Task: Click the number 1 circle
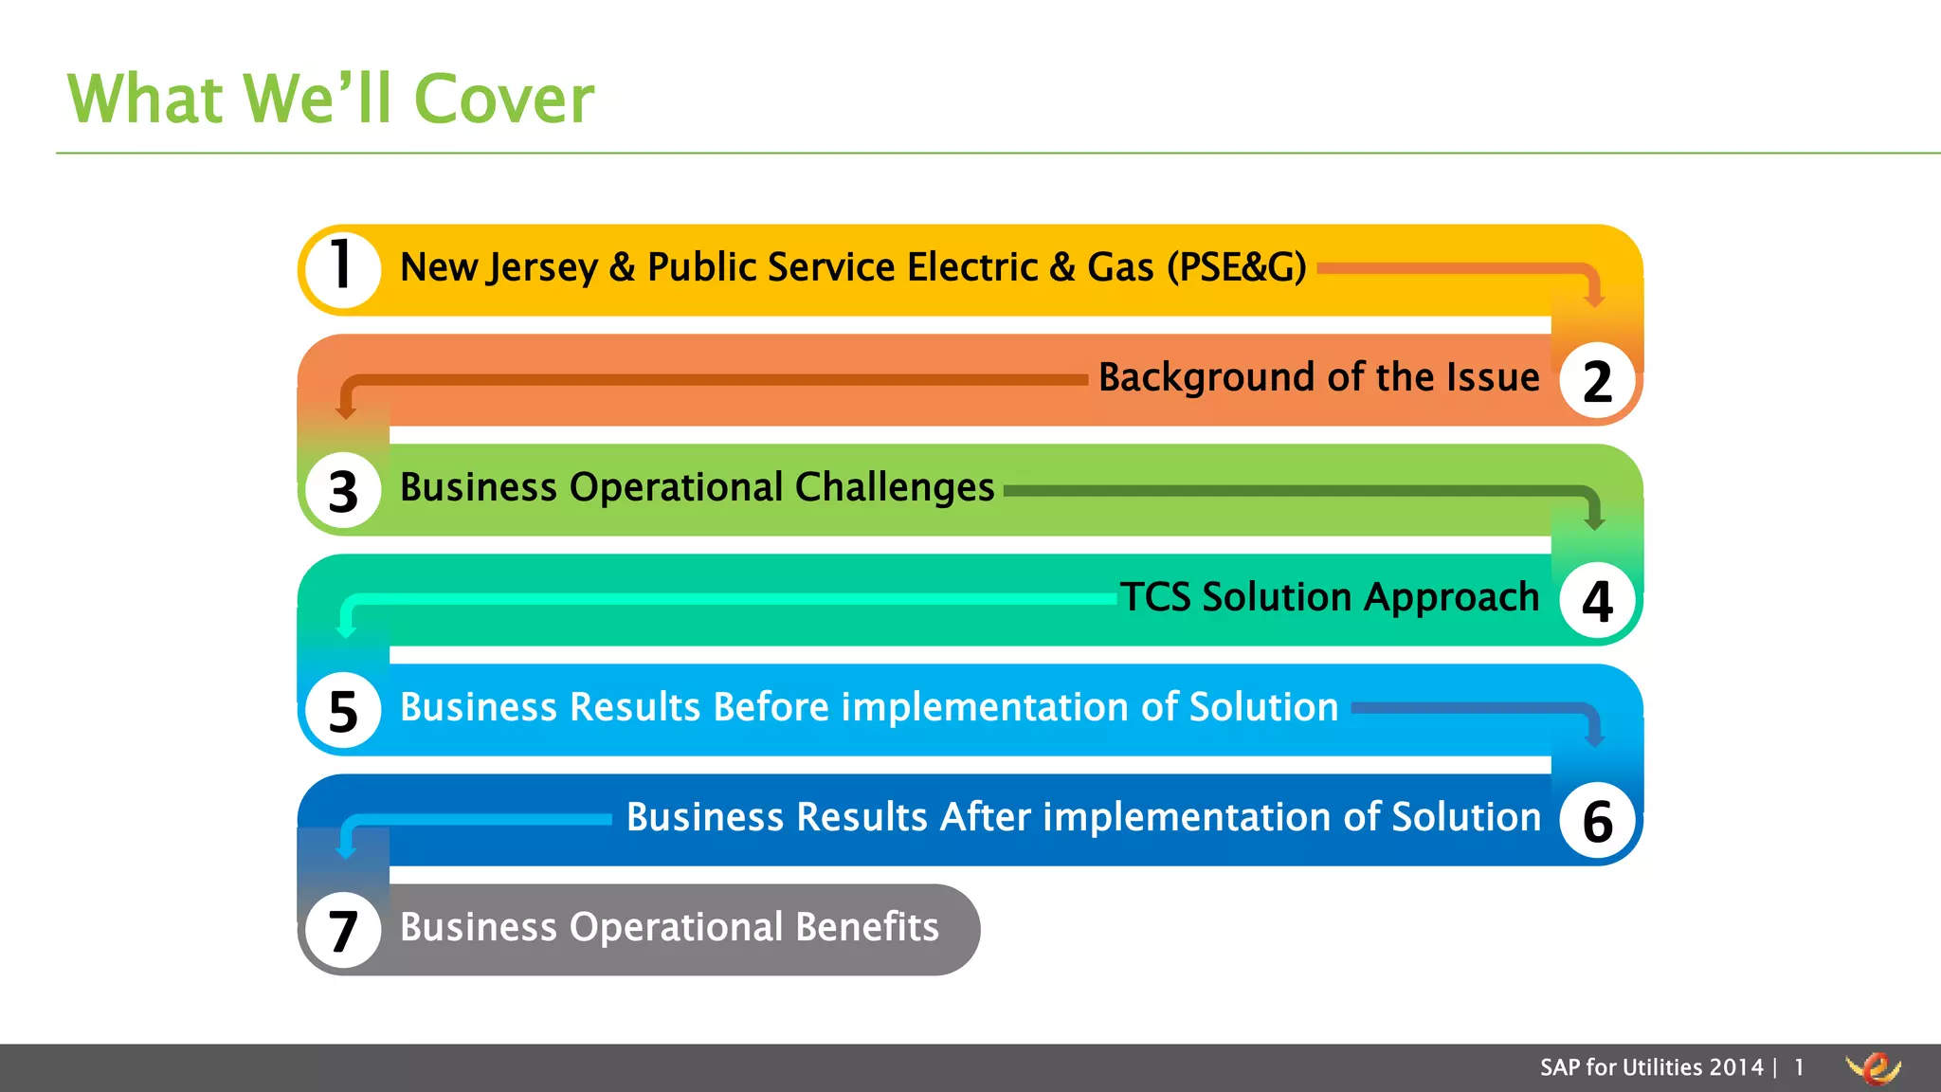click(343, 269)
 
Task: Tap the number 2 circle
click(1598, 380)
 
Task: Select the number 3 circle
click(343, 490)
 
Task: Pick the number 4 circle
click(1598, 600)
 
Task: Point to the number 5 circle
click(343, 710)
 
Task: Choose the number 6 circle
click(1598, 820)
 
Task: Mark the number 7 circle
click(343, 930)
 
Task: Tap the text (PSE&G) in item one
click(1236, 267)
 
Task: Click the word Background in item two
click(1207, 377)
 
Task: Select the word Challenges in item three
click(895, 487)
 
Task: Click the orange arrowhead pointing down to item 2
click(1595, 300)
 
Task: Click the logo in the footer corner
click(1873, 1068)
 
